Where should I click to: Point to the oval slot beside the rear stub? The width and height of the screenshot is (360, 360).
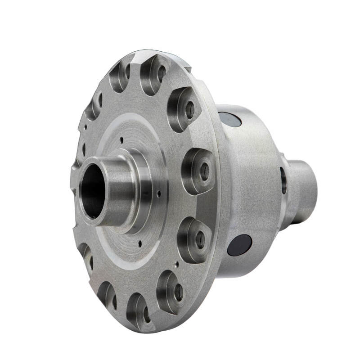click(283, 180)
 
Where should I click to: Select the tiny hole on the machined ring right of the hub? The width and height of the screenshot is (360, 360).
click(159, 194)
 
